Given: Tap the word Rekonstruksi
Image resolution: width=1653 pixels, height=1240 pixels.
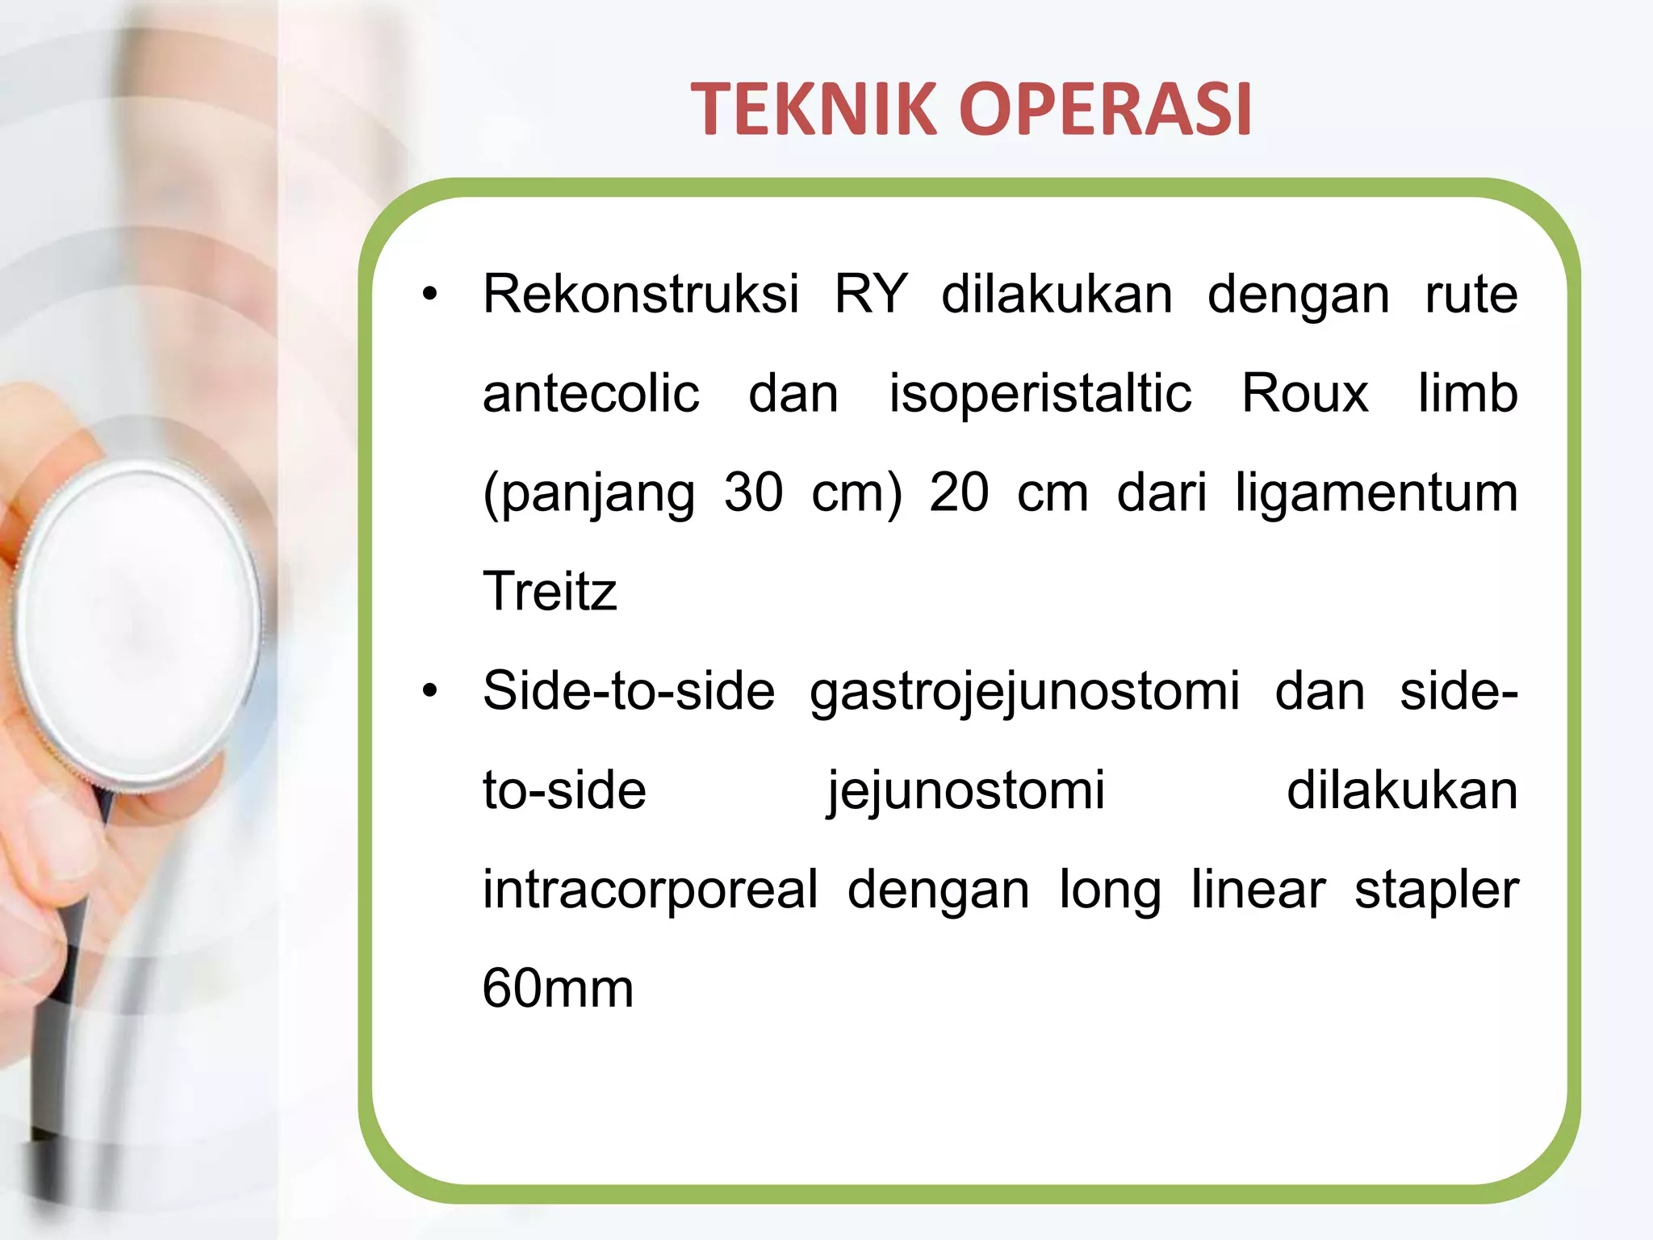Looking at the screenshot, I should coord(641,294).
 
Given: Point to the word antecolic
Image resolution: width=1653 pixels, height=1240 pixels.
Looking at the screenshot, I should coord(591,394).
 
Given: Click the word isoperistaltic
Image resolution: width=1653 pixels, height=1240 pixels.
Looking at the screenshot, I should coord(1040,394).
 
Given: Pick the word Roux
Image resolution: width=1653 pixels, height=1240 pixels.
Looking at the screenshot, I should coord(1304,394).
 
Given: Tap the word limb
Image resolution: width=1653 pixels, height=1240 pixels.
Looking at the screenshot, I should coord(1467,394).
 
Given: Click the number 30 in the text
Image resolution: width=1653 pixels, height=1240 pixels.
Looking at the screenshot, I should coord(753,492).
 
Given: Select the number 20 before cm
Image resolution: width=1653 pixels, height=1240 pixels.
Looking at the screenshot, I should coord(958,492).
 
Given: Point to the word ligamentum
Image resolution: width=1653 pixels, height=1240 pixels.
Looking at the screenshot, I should coord(1376,494).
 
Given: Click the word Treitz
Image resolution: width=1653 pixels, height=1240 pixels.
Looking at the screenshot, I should coord(550,592).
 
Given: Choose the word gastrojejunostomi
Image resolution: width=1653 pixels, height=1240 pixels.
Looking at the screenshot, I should coord(1024,693).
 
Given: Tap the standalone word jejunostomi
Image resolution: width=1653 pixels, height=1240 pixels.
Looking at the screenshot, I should coord(966,791).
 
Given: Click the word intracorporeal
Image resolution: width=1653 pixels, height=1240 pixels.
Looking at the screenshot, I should coord(651,891).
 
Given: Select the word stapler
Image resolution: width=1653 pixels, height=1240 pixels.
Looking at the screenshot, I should coord(1436,891).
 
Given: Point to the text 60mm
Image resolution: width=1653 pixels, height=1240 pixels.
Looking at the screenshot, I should coord(558,989).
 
